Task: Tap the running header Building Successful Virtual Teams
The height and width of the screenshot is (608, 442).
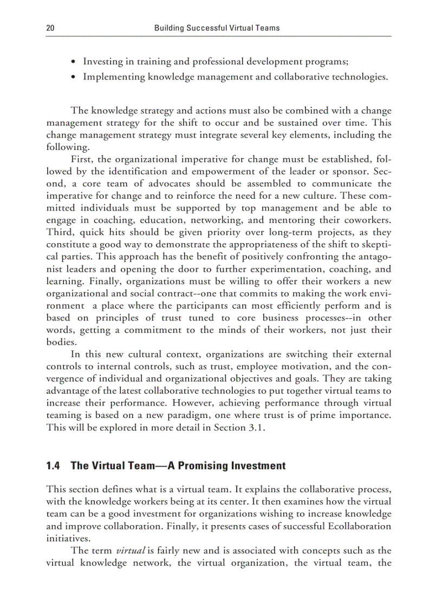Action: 217,28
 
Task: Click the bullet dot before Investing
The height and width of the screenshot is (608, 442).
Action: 74,62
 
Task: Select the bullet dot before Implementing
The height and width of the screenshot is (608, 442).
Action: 74,77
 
